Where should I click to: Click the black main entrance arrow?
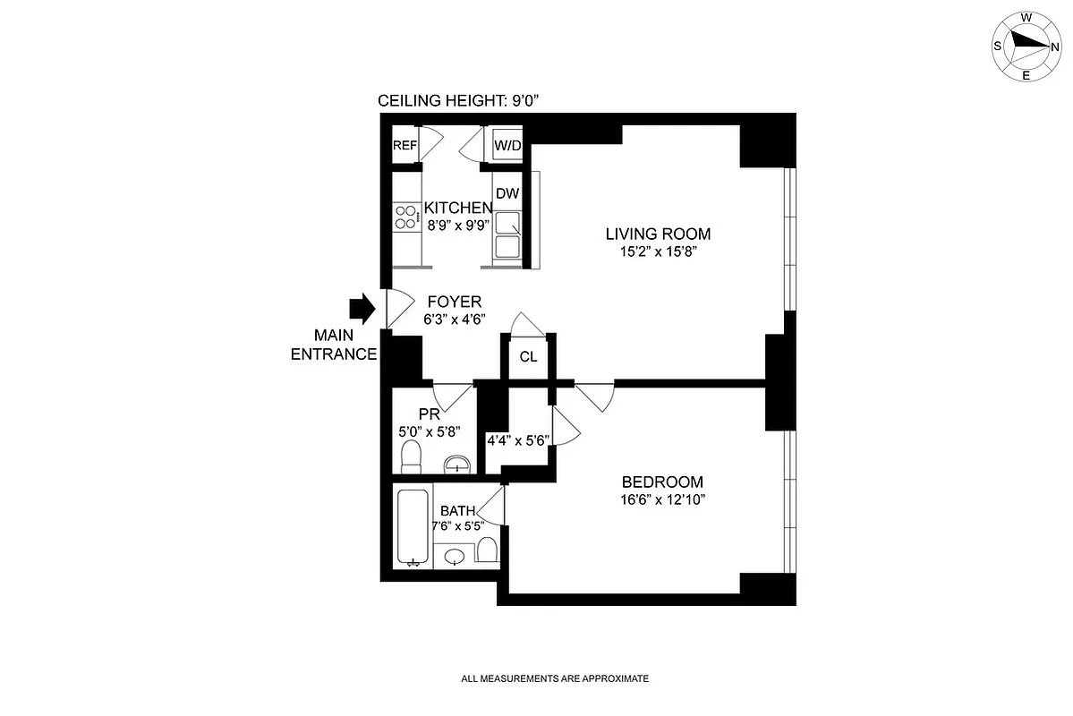point(363,309)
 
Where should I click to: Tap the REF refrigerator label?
point(405,145)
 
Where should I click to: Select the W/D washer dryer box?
point(507,145)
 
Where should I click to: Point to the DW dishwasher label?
point(507,193)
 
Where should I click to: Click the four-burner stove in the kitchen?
point(405,217)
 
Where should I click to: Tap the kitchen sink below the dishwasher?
point(507,235)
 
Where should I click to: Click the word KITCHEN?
point(458,208)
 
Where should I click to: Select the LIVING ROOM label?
point(658,234)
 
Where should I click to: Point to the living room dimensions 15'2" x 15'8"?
point(658,252)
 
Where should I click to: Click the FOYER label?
point(454,302)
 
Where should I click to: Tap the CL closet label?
point(529,357)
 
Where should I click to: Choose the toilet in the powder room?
point(412,457)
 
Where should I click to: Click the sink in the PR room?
point(457,464)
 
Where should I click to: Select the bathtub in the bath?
point(413,528)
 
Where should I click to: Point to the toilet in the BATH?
point(488,550)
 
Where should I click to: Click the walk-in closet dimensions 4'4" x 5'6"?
point(518,440)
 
